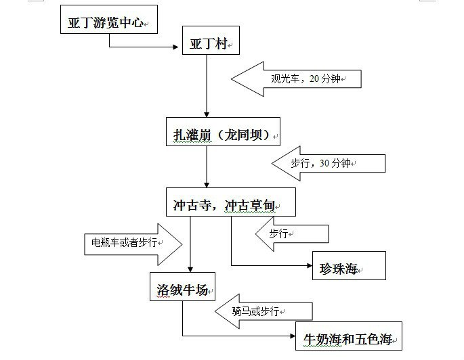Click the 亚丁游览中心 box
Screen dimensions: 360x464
[x=108, y=22]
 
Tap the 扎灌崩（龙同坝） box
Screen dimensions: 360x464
[x=223, y=134]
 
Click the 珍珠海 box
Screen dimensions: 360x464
[x=348, y=266]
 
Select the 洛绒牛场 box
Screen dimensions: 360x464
[x=182, y=288]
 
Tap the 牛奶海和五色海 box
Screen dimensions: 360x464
[x=348, y=336]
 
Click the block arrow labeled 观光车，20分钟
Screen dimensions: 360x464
[x=297, y=78]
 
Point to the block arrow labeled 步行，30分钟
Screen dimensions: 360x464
[x=328, y=163]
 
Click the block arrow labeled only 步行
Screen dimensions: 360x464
[x=291, y=233]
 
